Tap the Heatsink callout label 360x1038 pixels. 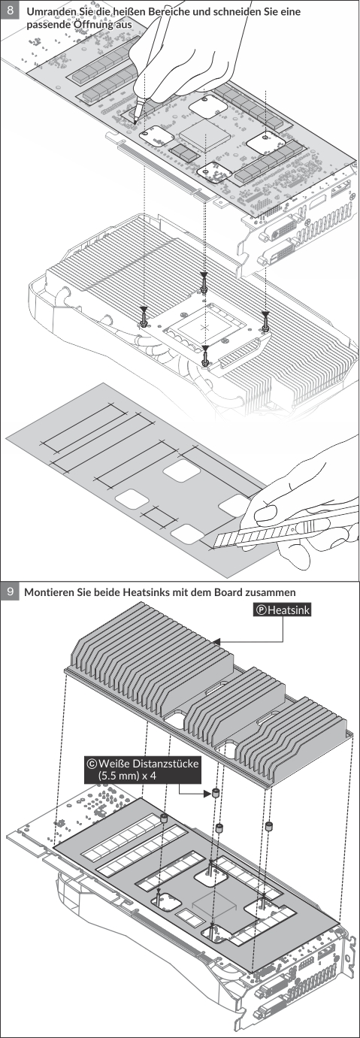[x=282, y=610]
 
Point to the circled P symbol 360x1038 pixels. [x=262, y=610]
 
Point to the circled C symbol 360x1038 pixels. [x=92, y=763]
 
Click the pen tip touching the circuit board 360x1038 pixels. [x=135, y=121]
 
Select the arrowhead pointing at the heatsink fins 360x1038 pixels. [x=216, y=642]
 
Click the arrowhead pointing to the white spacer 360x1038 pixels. [x=208, y=794]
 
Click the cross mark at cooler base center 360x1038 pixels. [x=206, y=327]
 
